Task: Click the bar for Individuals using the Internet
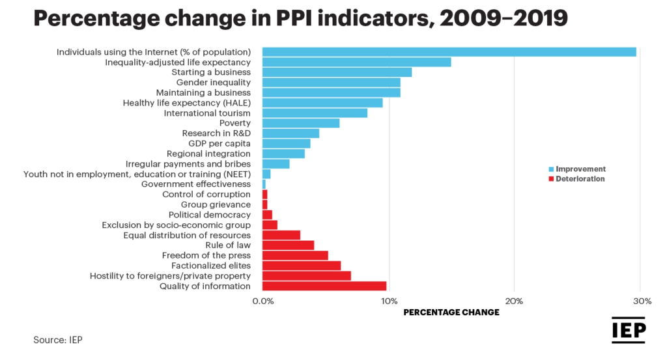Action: (x=449, y=52)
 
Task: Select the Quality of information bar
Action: (x=324, y=286)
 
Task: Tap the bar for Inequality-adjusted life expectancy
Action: (x=356, y=62)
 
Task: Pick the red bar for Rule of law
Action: (x=288, y=245)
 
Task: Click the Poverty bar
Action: (x=300, y=123)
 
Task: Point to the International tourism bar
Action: (x=315, y=113)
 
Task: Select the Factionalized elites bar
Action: (x=301, y=266)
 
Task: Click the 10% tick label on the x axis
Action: (x=389, y=301)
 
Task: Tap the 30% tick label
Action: (x=642, y=301)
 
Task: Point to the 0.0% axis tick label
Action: (x=263, y=301)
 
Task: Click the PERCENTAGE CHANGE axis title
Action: (x=451, y=312)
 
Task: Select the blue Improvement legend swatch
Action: (x=550, y=169)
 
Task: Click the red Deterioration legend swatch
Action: (x=550, y=179)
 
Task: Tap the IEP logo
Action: (x=628, y=331)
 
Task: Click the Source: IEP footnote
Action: (x=58, y=340)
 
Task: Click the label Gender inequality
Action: (x=213, y=83)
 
